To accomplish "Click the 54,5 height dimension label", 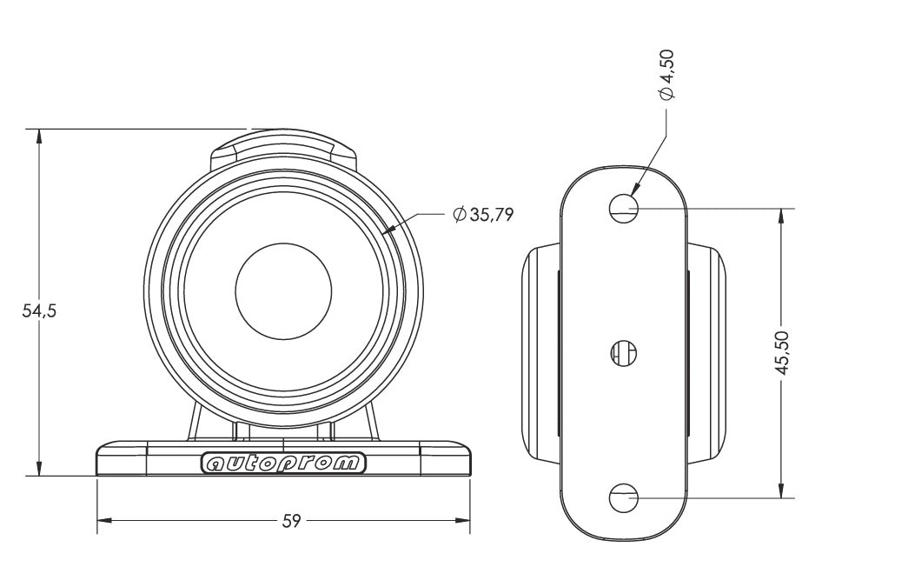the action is (39, 311).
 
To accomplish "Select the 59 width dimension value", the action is (291, 521).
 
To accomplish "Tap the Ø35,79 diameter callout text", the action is (483, 215).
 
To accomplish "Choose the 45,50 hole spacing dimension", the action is (782, 352).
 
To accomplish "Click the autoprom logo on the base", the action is (283, 463).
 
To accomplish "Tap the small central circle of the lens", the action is (284, 291).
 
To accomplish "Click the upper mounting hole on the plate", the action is (624, 208).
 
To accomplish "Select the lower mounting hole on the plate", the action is (624, 497).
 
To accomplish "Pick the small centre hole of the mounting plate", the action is (624, 352).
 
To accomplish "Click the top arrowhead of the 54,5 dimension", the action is (39, 137).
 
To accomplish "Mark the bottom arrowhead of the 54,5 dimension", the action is (39, 468).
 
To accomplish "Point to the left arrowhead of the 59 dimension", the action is (104, 520).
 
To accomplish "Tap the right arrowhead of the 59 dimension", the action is (462, 520).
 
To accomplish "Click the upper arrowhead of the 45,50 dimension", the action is (782, 217).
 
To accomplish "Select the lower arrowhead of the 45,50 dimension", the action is (782, 490).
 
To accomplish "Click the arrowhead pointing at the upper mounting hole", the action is (636, 188).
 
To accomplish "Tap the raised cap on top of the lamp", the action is (283, 149).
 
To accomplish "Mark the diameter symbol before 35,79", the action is (460, 215).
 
